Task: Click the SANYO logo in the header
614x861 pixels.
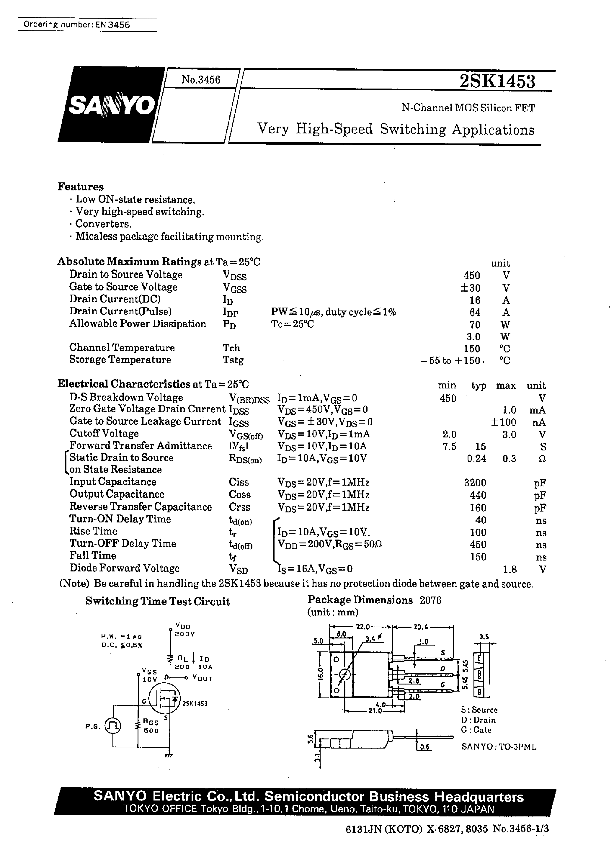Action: point(112,105)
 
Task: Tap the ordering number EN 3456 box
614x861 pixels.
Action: point(87,25)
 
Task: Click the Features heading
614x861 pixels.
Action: point(80,187)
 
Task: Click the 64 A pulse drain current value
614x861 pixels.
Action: point(474,312)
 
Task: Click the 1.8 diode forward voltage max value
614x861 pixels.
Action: point(510,569)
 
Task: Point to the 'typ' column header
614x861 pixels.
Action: point(478,386)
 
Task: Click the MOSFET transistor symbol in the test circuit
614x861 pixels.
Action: point(164,699)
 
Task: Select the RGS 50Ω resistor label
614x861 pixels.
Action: point(151,726)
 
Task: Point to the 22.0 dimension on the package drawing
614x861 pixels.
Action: point(362,626)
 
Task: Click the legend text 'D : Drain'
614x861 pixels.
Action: point(478,720)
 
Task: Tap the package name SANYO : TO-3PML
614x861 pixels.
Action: point(499,747)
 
